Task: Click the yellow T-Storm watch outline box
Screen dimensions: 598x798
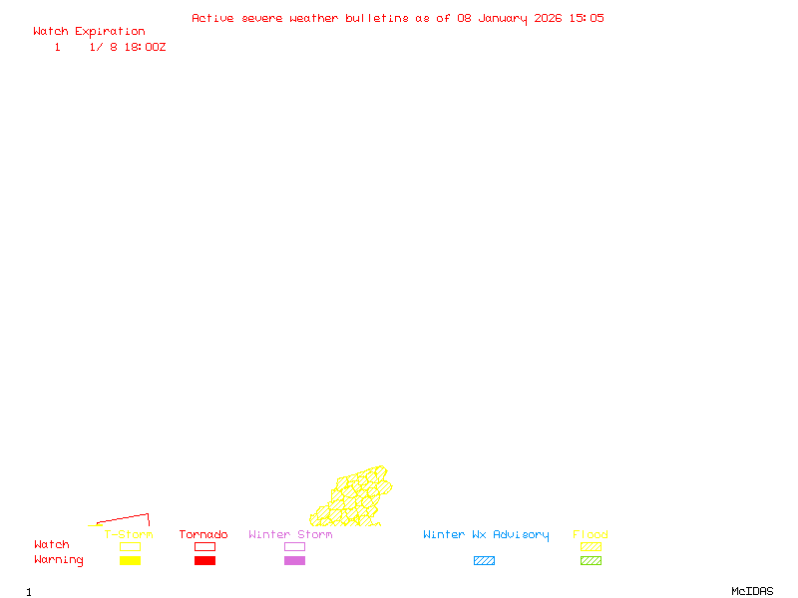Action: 130,546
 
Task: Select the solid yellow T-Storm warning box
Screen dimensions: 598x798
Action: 130,561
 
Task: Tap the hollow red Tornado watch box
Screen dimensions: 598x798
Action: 204,546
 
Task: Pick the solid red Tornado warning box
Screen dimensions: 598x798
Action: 204,561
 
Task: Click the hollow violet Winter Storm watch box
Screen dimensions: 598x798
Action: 294,546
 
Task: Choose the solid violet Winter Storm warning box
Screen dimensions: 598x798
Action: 294,561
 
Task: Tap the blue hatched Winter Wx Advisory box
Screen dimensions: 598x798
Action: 484,561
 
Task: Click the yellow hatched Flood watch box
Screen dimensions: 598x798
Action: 591,546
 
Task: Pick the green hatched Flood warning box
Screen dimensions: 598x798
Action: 591,561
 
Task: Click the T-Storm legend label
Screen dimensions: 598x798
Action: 129,534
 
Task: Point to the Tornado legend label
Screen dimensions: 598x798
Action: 203,534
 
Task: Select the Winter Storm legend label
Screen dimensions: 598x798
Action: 290,534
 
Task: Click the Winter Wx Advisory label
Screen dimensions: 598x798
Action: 486,534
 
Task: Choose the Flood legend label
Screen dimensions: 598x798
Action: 591,534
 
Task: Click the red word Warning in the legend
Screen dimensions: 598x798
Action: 59,560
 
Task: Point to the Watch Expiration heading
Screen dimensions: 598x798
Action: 89,31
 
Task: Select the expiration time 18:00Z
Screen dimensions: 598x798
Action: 145,47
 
